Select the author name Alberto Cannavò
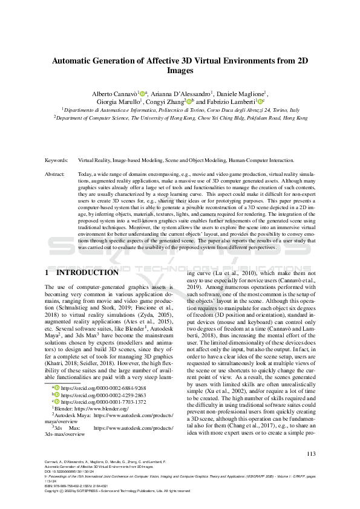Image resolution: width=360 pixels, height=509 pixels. pos(114,94)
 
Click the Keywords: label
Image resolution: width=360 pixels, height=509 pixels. pos(57,161)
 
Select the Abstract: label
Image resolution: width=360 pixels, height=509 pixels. pos(56,173)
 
